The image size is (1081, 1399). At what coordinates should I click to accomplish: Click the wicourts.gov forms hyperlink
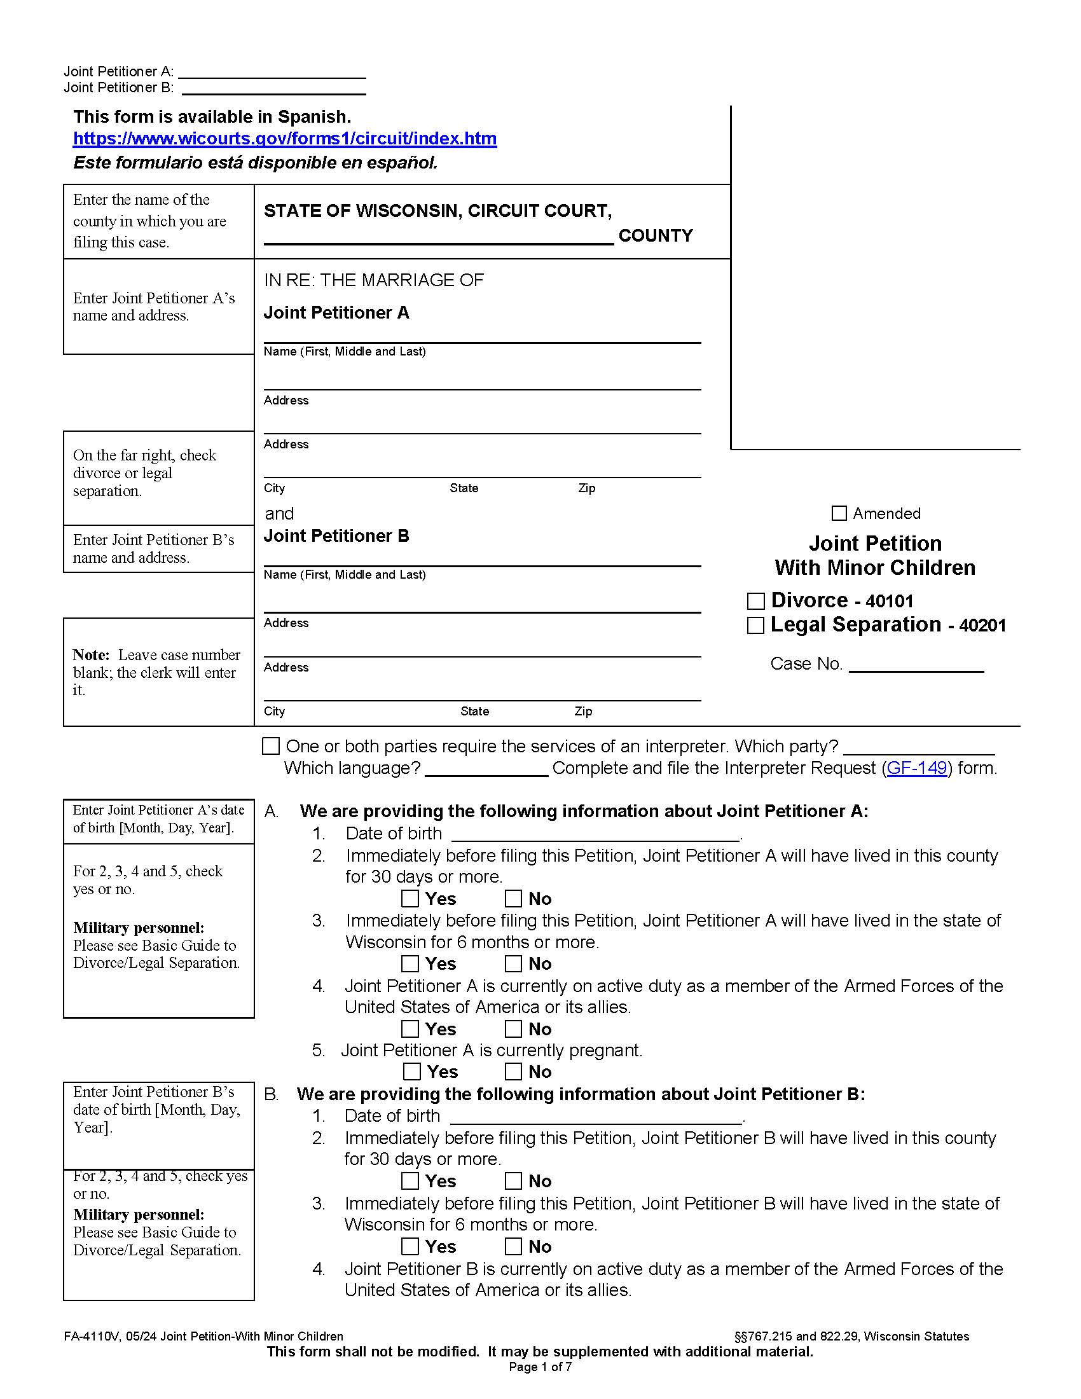[x=284, y=139]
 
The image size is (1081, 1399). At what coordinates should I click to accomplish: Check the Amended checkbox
[x=838, y=513]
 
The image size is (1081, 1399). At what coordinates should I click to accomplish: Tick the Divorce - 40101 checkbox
[x=755, y=601]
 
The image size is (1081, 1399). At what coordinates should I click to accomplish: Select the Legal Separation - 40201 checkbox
[x=755, y=625]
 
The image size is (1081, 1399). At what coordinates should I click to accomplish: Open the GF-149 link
[x=916, y=768]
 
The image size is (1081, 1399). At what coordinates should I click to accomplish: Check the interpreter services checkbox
[x=271, y=747]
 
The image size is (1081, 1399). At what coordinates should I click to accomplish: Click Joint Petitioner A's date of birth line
[x=595, y=834]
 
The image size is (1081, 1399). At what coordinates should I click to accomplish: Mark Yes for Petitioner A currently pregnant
[x=412, y=1072]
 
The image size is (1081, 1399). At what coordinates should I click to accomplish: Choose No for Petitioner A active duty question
[x=513, y=1029]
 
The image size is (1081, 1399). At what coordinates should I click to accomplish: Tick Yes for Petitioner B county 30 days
[x=410, y=1181]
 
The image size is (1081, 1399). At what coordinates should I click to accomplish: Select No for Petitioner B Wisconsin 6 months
[x=513, y=1246]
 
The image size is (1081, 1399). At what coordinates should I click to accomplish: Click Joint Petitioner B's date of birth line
[x=595, y=1117]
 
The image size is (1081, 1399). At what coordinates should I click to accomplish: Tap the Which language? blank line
[x=486, y=769]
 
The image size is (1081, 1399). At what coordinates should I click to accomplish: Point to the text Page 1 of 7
[x=540, y=1367]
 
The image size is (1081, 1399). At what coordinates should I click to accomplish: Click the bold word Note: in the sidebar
[x=92, y=654]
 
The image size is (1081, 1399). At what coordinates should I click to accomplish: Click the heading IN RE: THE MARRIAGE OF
[x=373, y=280]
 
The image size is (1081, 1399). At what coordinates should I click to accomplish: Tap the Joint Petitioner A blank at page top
[x=272, y=72]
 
